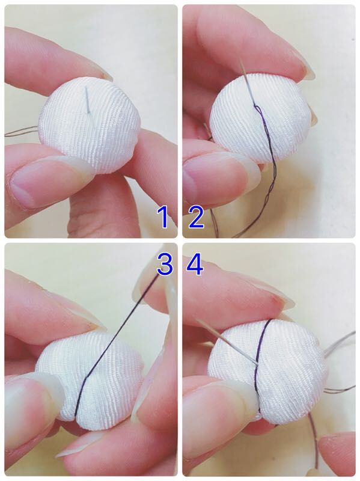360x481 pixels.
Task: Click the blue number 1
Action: pyautogui.click(x=164, y=217)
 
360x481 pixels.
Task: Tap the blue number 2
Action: pyautogui.click(x=197, y=217)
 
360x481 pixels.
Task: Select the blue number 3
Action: pyautogui.click(x=165, y=264)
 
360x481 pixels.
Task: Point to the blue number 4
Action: pyautogui.click(x=195, y=264)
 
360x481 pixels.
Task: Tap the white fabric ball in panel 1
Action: pyautogui.click(x=90, y=125)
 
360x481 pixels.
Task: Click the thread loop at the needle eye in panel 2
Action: pyautogui.click(x=257, y=109)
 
